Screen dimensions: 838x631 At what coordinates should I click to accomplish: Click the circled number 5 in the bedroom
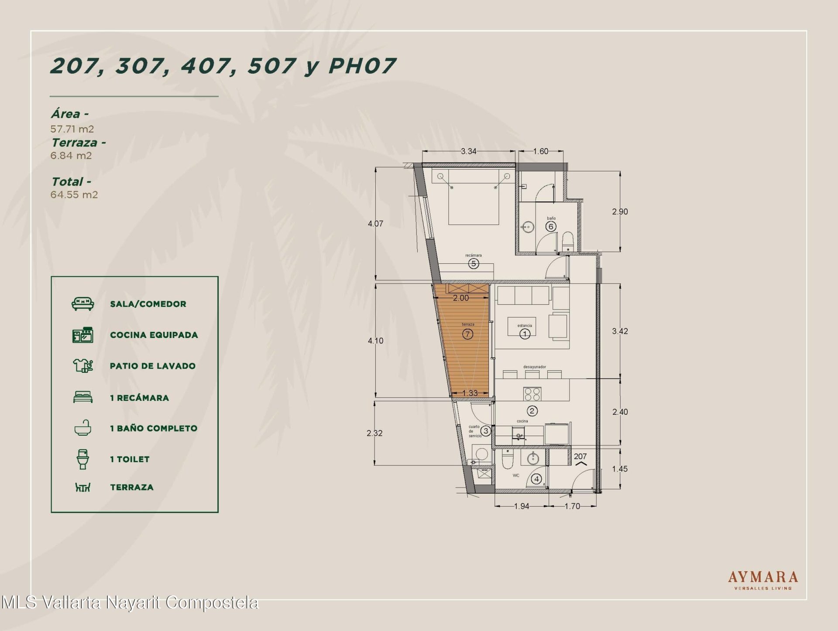pos(474,263)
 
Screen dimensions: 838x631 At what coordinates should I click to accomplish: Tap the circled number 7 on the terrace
pos(467,334)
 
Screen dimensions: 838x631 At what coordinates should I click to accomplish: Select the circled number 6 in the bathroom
pos(551,226)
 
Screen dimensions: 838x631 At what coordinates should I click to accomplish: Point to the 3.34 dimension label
pos(469,151)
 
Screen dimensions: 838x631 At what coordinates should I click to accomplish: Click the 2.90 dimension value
pos(620,211)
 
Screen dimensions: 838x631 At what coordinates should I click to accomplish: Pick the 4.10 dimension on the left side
pos(375,341)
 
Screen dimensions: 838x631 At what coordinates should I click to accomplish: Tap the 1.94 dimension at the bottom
pos(522,506)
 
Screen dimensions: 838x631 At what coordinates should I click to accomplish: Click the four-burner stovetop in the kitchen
pos(532,394)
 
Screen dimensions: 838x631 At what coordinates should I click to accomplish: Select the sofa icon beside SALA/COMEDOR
pos(82,304)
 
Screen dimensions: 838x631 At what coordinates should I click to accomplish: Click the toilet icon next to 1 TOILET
pos(82,459)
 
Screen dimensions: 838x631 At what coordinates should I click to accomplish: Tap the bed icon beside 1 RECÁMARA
pos(82,397)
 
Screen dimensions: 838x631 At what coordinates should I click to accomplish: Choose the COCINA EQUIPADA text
pos(154,335)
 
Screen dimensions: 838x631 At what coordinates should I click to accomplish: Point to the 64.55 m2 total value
pos(74,194)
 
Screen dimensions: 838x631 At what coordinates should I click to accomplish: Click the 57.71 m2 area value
pos(72,129)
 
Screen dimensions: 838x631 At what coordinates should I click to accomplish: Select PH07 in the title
pos(362,66)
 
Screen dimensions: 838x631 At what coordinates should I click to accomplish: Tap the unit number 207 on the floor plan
pos(580,457)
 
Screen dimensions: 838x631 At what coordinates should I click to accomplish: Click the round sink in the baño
pos(528,227)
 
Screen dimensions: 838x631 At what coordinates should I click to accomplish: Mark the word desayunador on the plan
pos(535,367)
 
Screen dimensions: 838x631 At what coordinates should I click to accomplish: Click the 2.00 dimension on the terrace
pos(461,298)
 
